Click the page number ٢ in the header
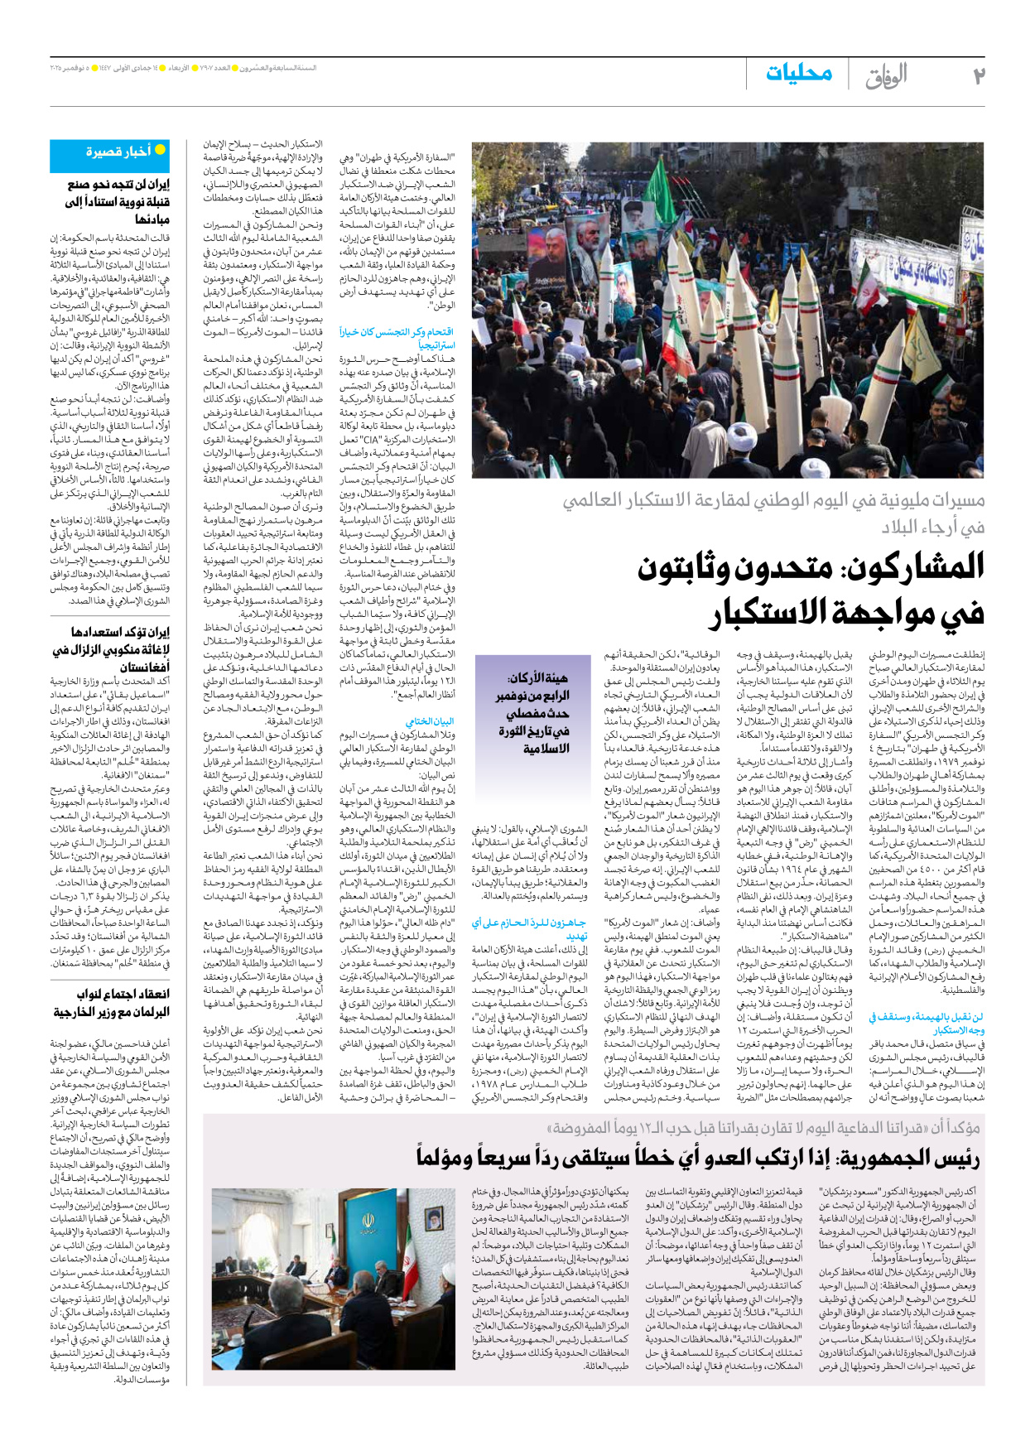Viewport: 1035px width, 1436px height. point(979,75)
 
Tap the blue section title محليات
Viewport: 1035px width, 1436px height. point(799,72)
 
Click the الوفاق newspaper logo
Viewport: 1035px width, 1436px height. point(886,76)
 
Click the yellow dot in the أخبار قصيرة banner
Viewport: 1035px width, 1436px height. point(161,150)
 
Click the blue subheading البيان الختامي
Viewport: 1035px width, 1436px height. point(430,720)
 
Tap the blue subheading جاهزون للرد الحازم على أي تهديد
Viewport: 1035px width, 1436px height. point(530,928)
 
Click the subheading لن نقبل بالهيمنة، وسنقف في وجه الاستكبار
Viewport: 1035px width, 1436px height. point(926,1023)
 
